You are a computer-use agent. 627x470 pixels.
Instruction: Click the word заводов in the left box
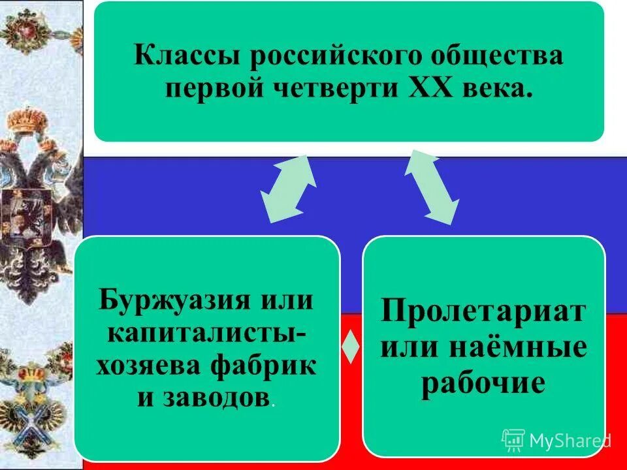click(218, 397)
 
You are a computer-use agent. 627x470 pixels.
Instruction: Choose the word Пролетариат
click(483, 309)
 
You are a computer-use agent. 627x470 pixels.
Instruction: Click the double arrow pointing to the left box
click(288, 188)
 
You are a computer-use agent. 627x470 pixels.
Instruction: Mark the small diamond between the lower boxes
click(351, 347)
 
